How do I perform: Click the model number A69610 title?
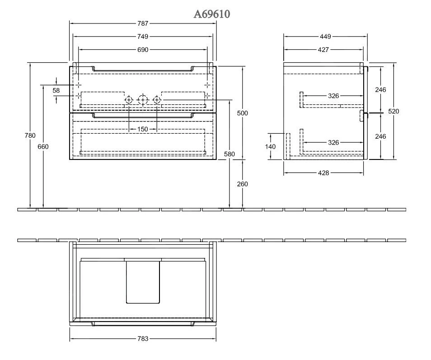coord(212,14)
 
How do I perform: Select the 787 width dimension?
coord(142,23)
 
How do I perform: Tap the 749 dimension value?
coord(142,36)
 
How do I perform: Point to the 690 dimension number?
coord(142,49)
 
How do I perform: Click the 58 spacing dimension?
coord(56,90)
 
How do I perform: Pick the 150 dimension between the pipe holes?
coord(142,129)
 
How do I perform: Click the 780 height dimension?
coord(30,135)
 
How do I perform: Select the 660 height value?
coord(43,146)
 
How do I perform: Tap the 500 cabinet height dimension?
coord(243,113)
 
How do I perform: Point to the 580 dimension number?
coord(229,154)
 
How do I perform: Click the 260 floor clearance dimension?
coord(243,184)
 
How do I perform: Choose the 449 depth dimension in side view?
coord(325,36)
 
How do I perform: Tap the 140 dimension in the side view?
coord(270,146)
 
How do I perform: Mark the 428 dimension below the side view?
coord(323,173)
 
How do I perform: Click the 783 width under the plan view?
coord(142,338)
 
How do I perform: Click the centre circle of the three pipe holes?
coord(143,100)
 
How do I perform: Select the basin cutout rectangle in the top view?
coord(143,281)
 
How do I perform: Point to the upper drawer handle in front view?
coord(143,69)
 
